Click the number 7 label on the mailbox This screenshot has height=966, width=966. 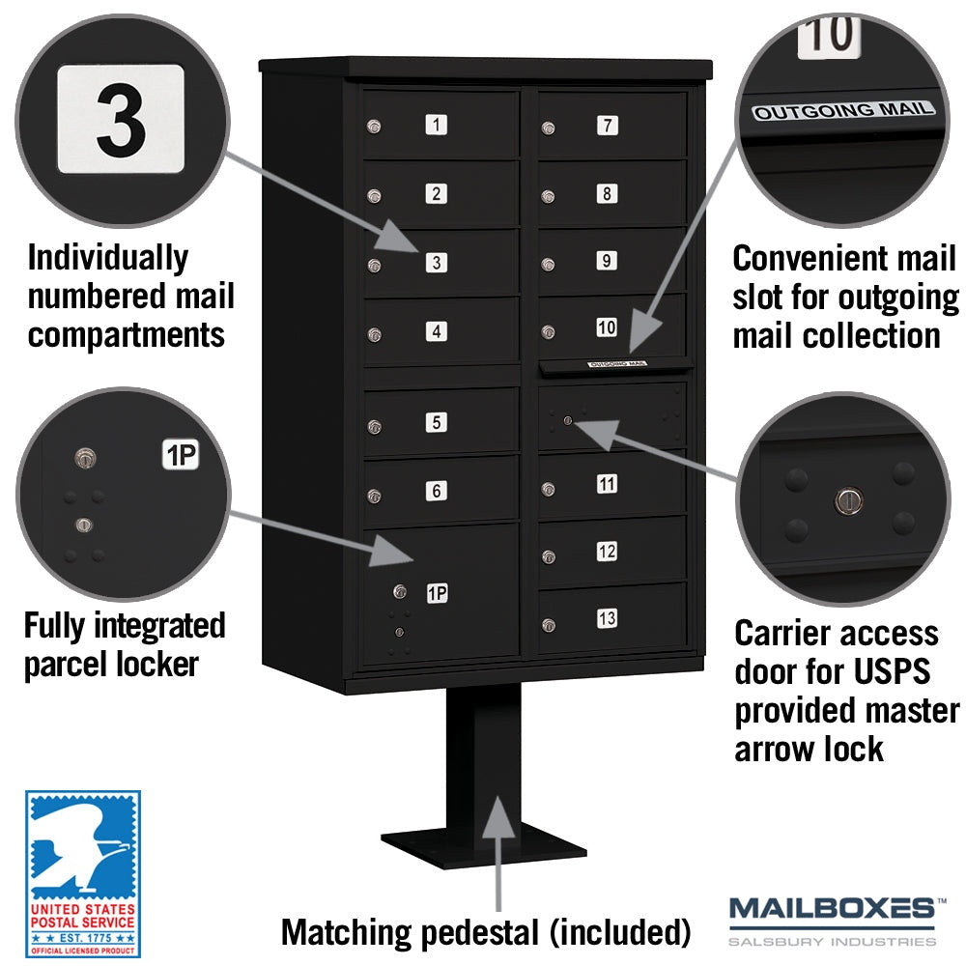[x=607, y=125]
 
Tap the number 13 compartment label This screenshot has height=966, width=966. [x=607, y=618]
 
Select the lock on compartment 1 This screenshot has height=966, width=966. [x=374, y=127]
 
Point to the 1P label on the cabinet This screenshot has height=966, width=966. [x=438, y=593]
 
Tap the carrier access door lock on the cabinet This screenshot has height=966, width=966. [x=568, y=421]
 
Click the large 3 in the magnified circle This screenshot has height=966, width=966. [x=122, y=120]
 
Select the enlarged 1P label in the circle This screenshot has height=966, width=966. [x=181, y=455]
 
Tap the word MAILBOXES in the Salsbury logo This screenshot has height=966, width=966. [x=832, y=909]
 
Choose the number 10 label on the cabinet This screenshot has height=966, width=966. [x=607, y=327]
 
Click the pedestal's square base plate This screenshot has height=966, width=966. [x=484, y=846]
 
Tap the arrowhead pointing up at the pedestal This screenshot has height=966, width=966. [x=497, y=817]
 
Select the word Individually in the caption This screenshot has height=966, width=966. [x=108, y=258]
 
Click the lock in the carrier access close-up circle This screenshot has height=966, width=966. [x=848, y=500]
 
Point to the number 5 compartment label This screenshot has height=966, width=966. [x=437, y=422]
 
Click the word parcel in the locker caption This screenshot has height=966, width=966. [x=65, y=666]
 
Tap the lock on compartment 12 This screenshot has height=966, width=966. [x=549, y=557]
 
